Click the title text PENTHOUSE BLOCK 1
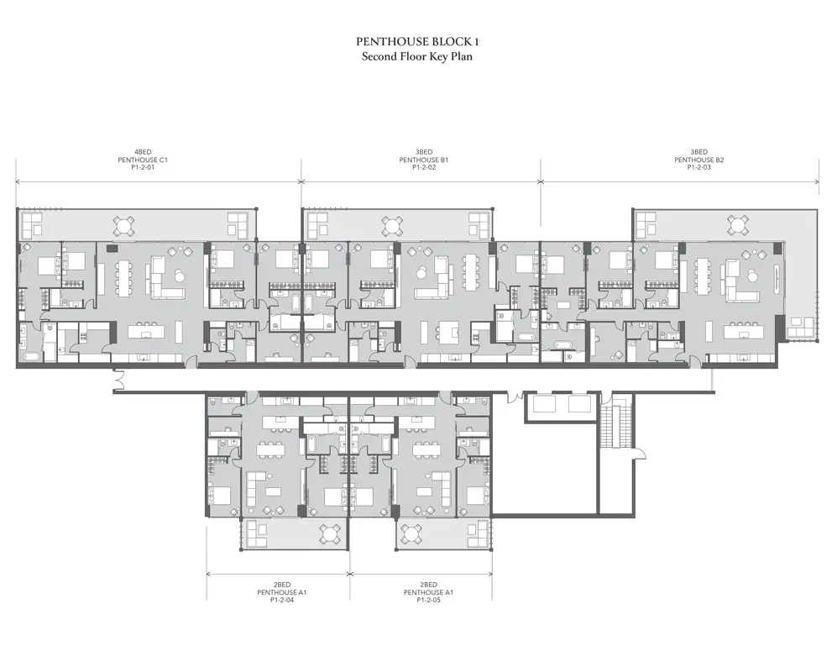[417, 41]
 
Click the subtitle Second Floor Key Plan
[417, 56]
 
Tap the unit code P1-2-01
[143, 167]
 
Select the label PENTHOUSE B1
[424, 160]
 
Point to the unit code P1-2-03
[699, 167]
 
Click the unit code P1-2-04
[282, 600]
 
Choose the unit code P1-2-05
[428, 600]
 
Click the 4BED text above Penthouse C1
[143, 152]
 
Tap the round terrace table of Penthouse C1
[123, 227]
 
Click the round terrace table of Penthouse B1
[392, 227]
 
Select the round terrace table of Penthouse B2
[738, 225]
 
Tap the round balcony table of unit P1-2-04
[330, 534]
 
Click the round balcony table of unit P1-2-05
[411, 534]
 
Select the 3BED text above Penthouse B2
[699, 152]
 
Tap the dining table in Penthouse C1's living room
[123, 278]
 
